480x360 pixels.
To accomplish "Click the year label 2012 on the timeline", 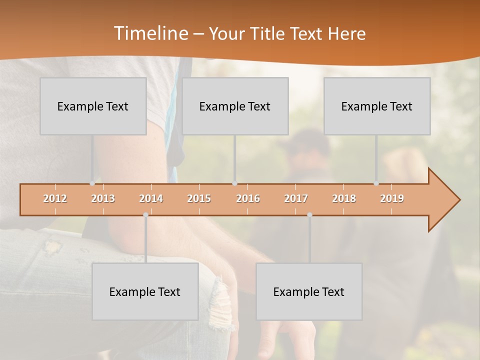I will [x=55, y=198].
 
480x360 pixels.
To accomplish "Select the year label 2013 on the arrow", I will [x=103, y=198].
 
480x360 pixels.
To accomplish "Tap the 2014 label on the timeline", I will [x=151, y=198].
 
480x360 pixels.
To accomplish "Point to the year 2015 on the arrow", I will [x=199, y=198].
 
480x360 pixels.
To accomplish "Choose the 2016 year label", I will [x=248, y=198].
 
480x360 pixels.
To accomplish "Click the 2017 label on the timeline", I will [x=296, y=198].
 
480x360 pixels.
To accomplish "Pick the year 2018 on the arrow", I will [x=344, y=198].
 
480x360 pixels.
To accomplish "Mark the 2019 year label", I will [x=392, y=198].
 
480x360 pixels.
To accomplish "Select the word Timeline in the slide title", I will [x=150, y=33].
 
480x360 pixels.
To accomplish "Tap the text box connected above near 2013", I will [x=93, y=106].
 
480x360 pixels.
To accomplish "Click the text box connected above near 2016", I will [x=235, y=106].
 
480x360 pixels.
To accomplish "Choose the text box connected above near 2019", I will [x=377, y=106].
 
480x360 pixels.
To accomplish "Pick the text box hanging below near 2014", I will [x=145, y=291].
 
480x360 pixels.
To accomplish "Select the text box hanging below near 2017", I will [x=309, y=291].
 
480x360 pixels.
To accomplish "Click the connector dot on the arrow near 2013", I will [x=92, y=183].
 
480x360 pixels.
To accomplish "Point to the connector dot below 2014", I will [x=145, y=215].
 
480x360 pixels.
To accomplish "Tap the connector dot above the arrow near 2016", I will [x=234, y=183].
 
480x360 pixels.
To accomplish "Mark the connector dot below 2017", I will [x=309, y=215].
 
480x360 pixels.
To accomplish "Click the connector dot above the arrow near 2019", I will [x=376, y=183].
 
